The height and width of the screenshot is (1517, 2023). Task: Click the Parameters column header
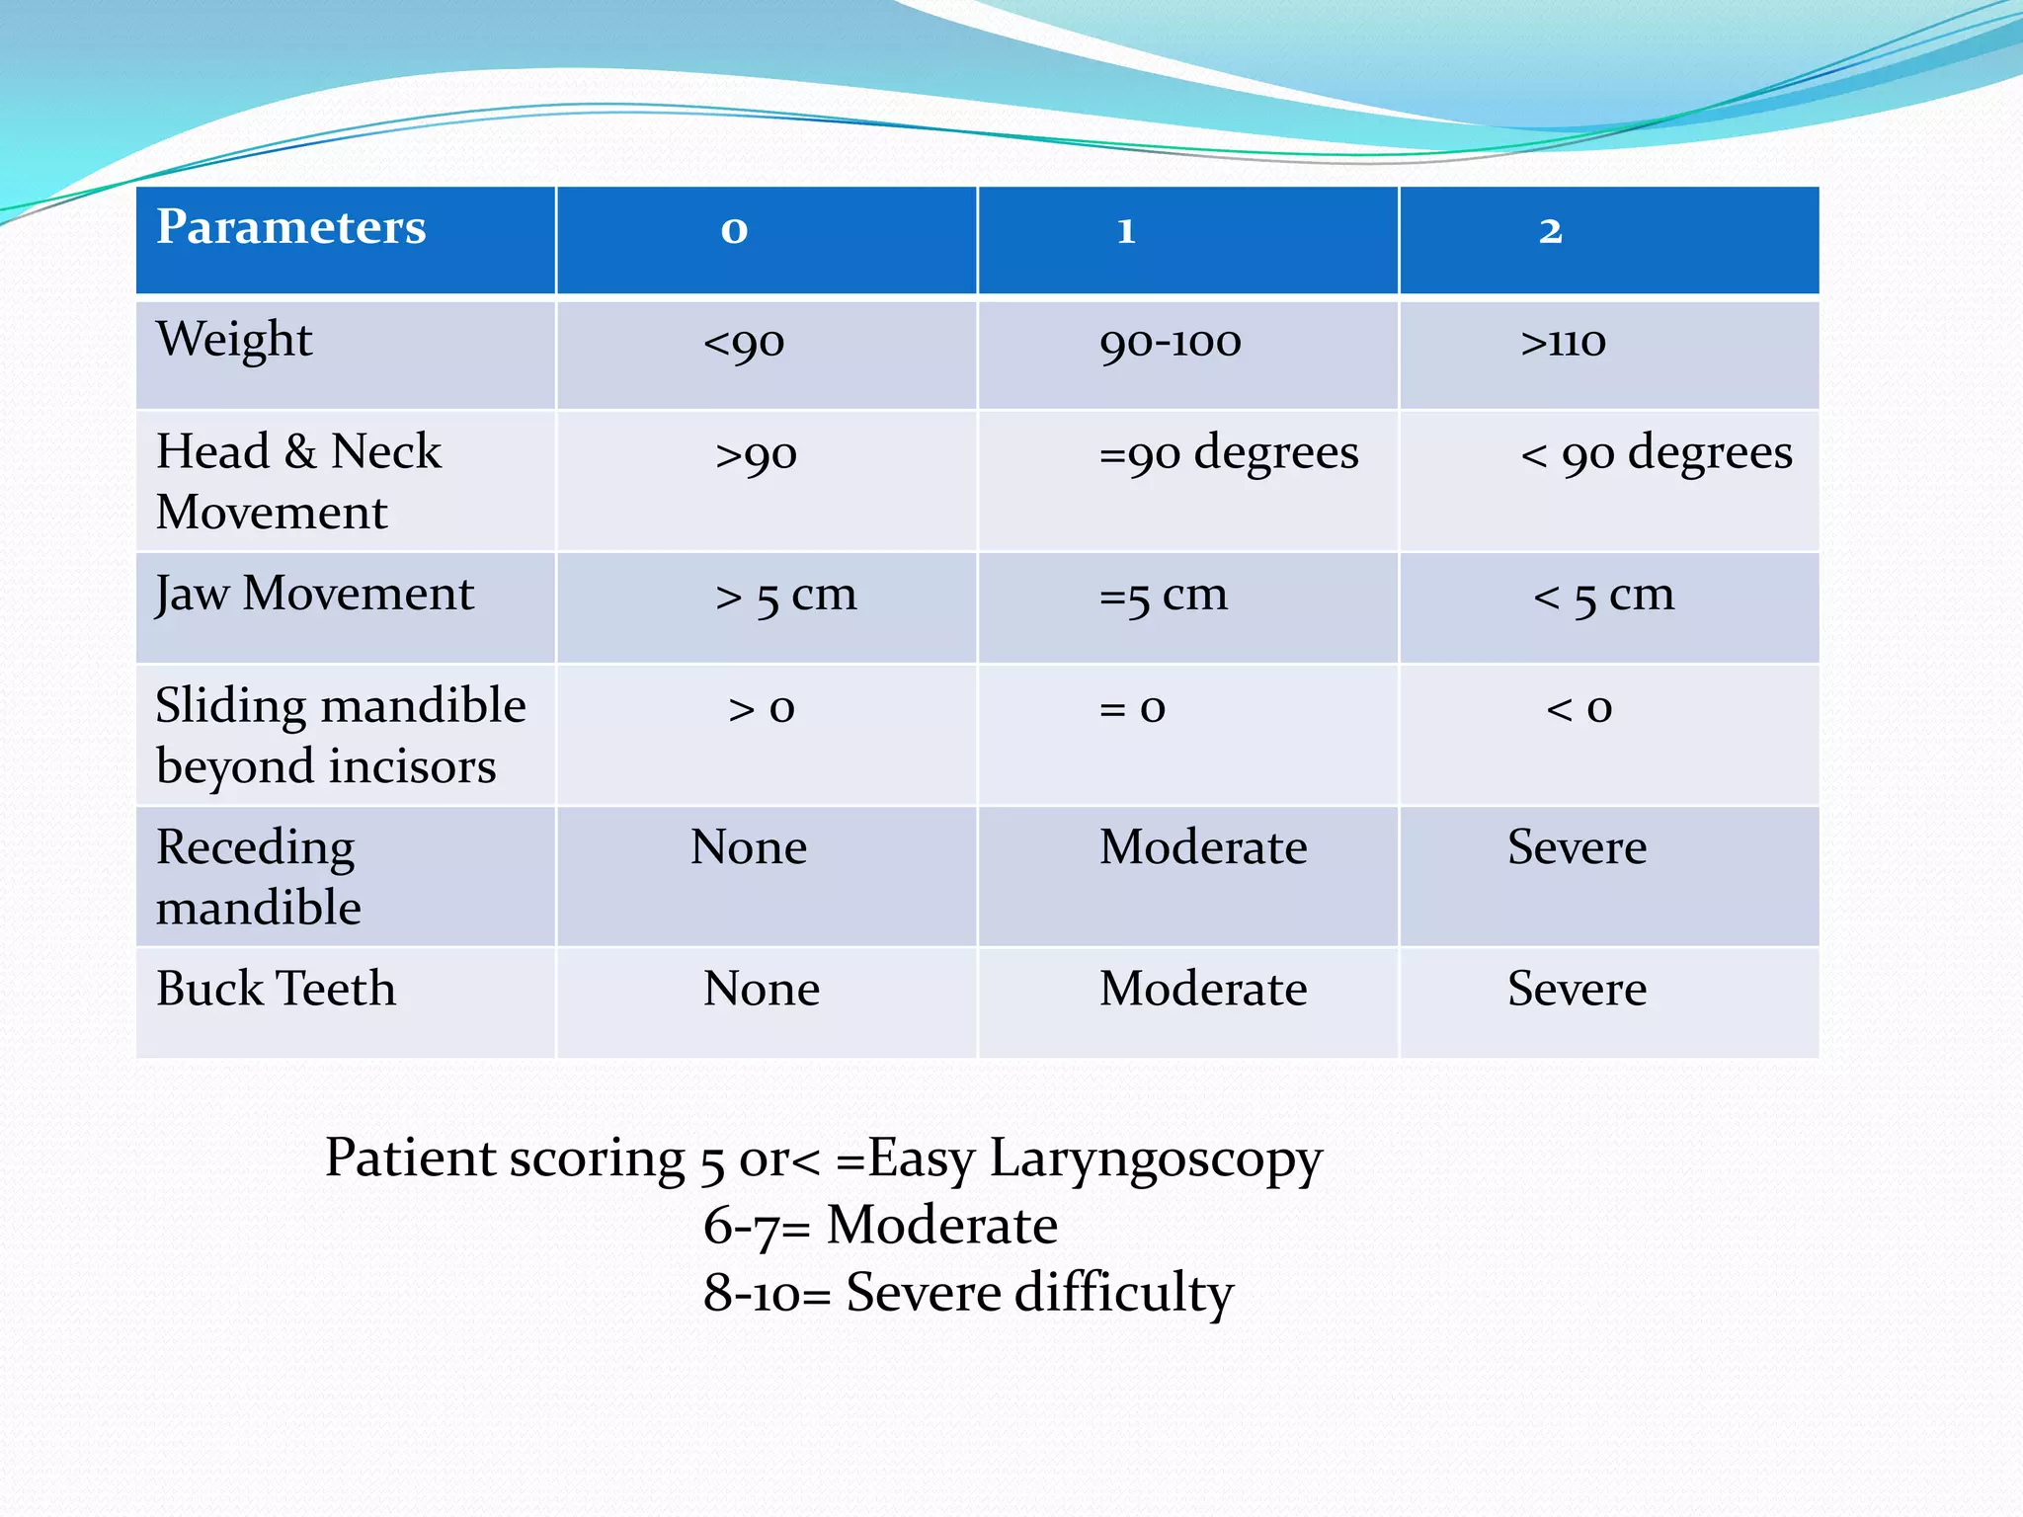pos(291,227)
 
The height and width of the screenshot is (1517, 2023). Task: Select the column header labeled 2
pos(1550,230)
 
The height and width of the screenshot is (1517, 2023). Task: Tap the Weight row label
pos(234,340)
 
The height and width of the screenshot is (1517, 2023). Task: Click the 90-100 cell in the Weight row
pos(1170,343)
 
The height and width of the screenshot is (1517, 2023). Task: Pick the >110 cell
pos(1563,343)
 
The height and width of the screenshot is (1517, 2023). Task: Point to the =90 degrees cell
pos(1228,454)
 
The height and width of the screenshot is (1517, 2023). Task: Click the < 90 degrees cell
pos(1656,454)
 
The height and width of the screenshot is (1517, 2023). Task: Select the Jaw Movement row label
pos(315,595)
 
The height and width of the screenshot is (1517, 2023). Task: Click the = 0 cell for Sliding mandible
pos(1132,708)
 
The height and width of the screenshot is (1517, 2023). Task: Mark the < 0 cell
pos(1578,708)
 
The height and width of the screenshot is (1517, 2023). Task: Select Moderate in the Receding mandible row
pos(1203,847)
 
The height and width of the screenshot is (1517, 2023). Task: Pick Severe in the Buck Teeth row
pos(1577,989)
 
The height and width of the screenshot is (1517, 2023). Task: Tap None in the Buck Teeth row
pos(761,989)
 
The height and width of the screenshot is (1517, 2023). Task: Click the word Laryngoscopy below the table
pos(1155,1158)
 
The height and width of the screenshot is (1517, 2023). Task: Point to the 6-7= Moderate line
pos(880,1226)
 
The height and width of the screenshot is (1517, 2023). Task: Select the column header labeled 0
pos(734,230)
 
